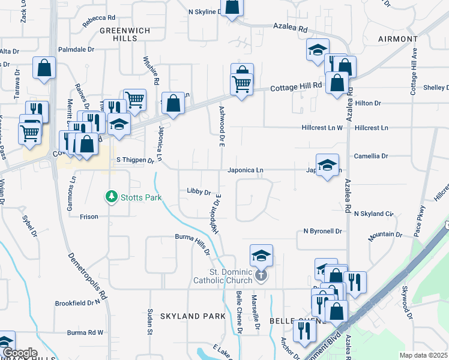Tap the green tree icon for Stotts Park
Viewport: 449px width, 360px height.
110,196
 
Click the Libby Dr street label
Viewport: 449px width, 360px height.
199,192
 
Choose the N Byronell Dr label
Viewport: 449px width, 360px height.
322,231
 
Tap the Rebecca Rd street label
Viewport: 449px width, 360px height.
99,19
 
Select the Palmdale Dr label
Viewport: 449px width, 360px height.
77,50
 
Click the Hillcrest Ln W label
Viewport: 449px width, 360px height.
322,128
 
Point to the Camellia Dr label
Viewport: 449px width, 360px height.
371,156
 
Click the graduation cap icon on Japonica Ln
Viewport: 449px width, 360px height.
327,165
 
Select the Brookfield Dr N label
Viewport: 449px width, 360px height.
77,303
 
